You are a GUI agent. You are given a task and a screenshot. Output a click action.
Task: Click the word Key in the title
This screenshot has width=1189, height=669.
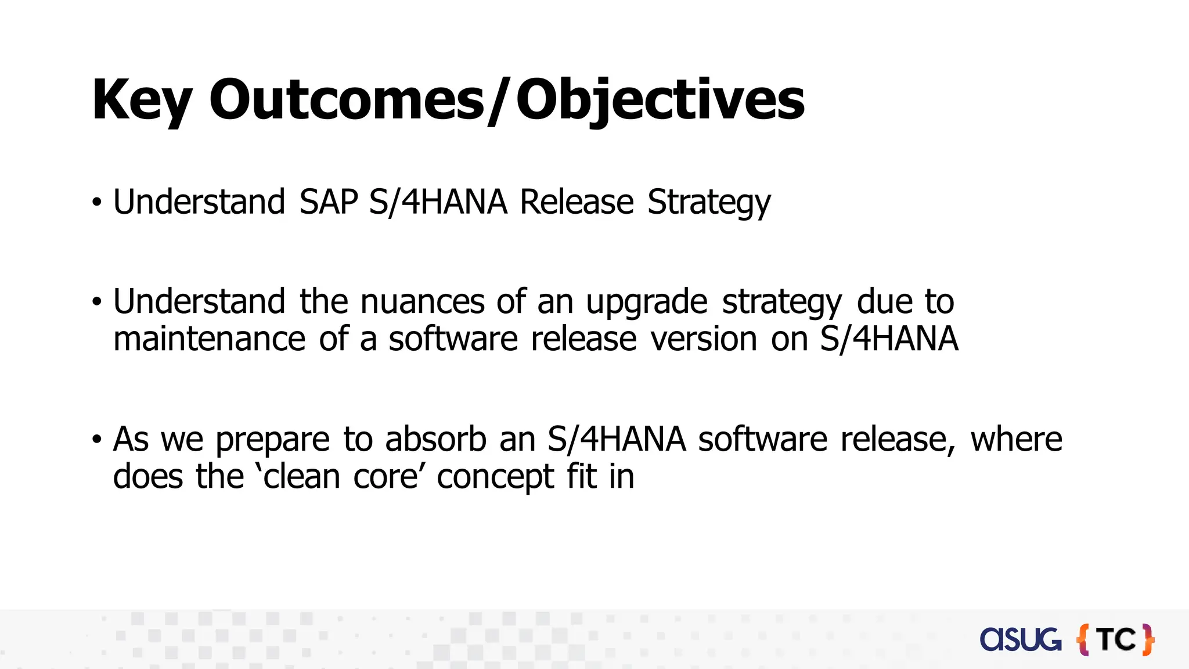pos(142,100)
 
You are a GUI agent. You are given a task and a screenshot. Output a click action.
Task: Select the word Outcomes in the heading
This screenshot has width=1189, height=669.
pos(347,100)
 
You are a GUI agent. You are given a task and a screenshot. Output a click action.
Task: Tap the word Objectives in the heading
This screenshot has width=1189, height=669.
pos(660,100)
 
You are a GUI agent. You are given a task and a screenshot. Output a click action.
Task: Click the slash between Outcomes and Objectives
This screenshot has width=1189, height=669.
pos(499,100)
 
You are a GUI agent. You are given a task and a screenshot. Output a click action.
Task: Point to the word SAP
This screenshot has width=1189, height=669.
pos(329,202)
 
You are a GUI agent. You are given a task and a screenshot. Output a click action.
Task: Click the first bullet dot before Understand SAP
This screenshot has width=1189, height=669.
pos(97,203)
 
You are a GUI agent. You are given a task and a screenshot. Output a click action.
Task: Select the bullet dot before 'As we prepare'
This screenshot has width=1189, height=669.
pos(97,440)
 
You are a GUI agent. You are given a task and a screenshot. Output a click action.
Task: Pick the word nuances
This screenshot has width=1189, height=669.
pos(422,301)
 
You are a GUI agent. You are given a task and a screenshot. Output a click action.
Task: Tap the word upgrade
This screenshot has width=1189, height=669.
pos(646,303)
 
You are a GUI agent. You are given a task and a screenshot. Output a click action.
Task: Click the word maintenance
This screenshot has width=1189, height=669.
pos(209,339)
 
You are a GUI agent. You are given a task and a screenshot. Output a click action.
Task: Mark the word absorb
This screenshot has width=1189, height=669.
pos(435,438)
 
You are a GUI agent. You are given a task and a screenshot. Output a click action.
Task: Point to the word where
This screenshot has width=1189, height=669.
pos(1016,438)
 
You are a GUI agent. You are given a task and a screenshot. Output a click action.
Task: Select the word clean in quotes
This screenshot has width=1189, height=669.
pos(302,476)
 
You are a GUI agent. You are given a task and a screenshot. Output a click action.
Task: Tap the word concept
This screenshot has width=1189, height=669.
pos(495,477)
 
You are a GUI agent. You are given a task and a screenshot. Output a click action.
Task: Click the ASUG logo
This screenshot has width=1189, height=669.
pos(1020,639)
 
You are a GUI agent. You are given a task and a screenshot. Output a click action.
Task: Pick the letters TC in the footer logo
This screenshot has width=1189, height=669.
pos(1117,640)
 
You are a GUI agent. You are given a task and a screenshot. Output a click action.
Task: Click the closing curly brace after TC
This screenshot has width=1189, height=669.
pos(1148,640)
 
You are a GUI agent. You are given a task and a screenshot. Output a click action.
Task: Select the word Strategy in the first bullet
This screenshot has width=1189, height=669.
pos(709,203)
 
